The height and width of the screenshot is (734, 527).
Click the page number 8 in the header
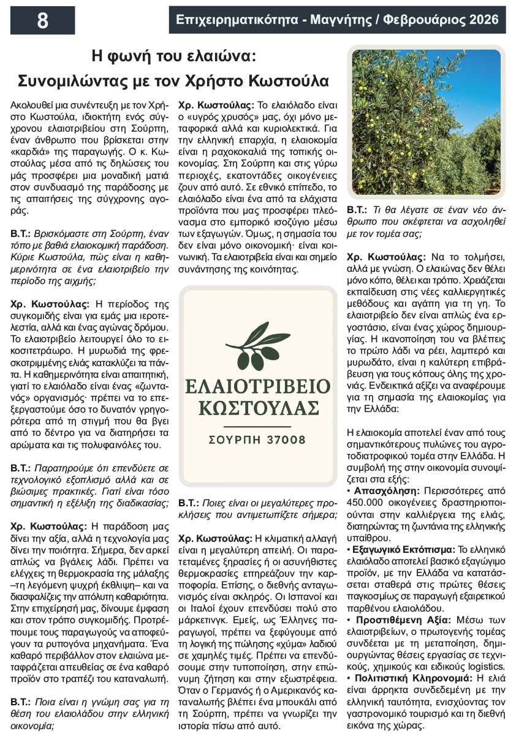point(42,20)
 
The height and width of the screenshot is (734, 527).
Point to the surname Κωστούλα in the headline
point(290,81)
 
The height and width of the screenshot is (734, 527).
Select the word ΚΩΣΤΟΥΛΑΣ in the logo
point(258,408)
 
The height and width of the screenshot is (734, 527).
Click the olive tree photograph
point(426,122)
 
